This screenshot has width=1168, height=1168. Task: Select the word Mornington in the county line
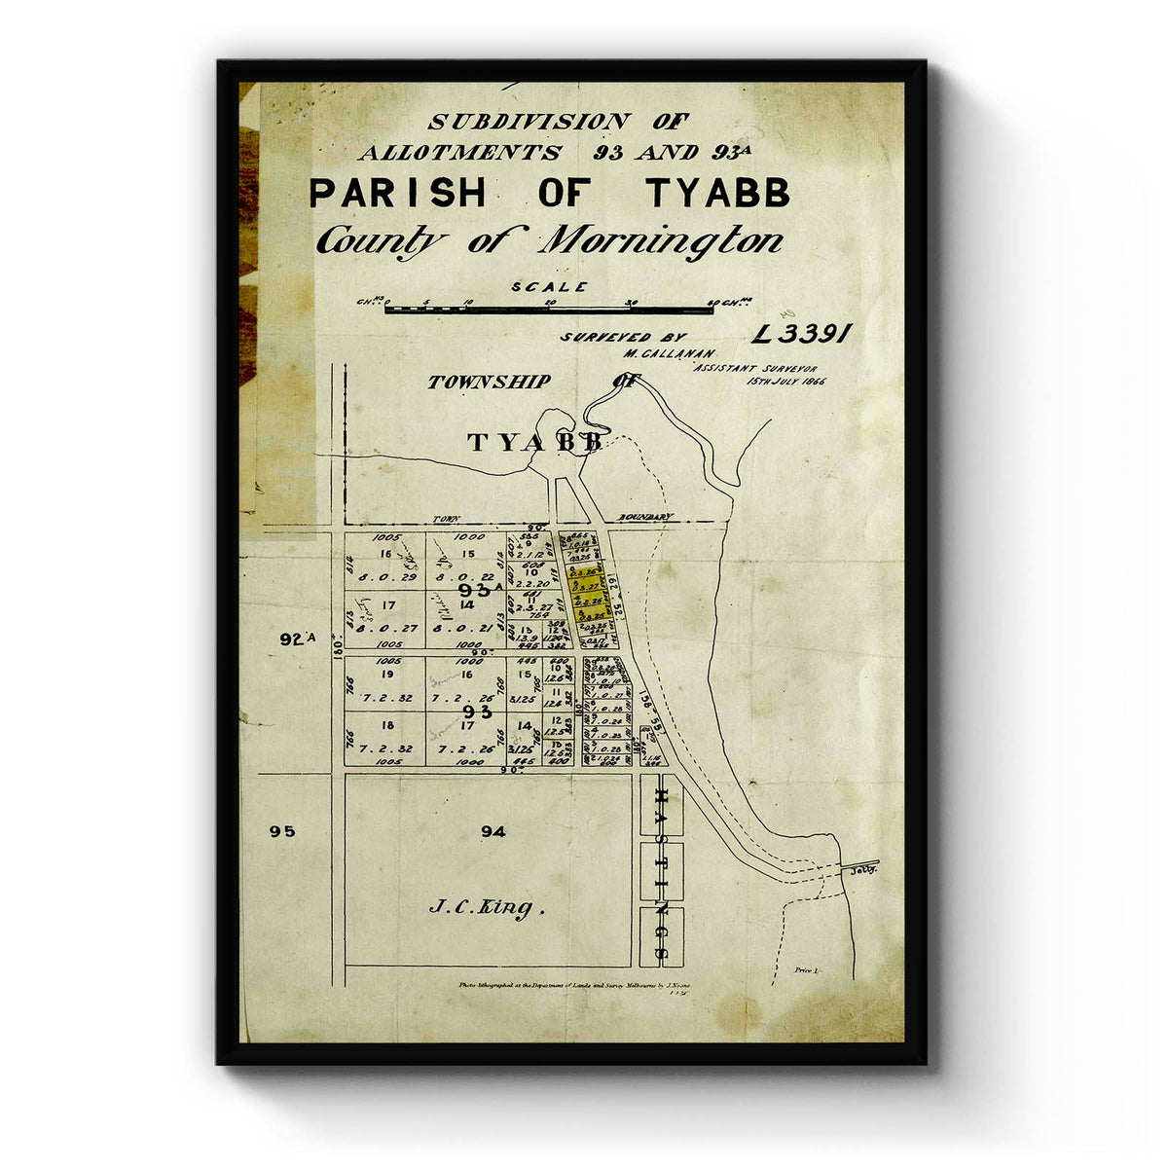pyautogui.click(x=662, y=240)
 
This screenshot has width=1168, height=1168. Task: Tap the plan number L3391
pyautogui.click(x=803, y=334)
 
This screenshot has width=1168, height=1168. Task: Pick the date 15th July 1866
pyautogui.click(x=785, y=382)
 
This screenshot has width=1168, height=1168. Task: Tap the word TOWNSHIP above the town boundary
pyautogui.click(x=489, y=383)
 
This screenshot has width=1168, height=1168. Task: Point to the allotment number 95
pyautogui.click(x=282, y=831)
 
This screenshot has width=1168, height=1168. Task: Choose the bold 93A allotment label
pyautogui.click(x=479, y=591)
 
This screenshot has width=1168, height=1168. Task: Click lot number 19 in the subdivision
pyautogui.click(x=386, y=674)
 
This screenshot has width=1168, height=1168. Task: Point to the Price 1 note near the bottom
pyautogui.click(x=808, y=970)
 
